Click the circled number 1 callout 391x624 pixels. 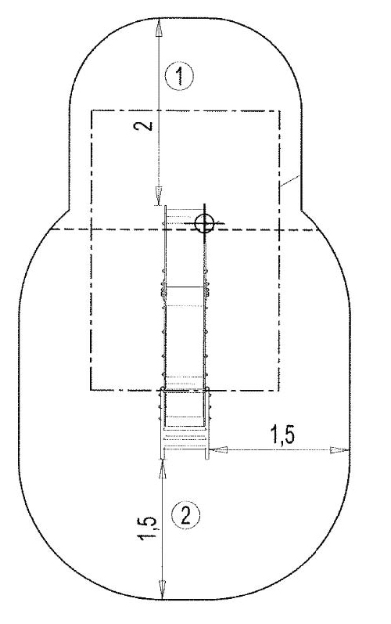pos(180,76)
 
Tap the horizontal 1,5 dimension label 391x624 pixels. pos(282,435)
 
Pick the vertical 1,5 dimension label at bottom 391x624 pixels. pos(148,528)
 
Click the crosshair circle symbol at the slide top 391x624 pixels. pos(204,223)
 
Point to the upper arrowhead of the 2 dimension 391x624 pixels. pos(159,28)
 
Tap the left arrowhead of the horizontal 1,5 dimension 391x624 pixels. pos(218,449)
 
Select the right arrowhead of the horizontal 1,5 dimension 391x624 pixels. pos(339,450)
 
